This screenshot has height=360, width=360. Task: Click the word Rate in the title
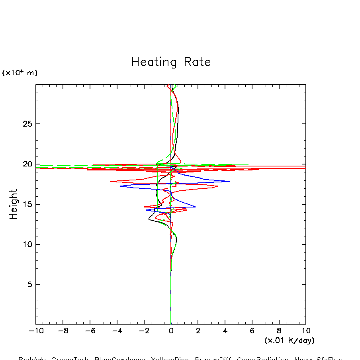[198, 62]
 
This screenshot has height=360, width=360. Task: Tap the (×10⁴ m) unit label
[20, 72]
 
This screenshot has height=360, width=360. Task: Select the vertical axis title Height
[14, 204]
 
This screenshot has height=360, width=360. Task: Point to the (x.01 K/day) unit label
[289, 340]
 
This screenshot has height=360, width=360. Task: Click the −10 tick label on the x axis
[35, 331]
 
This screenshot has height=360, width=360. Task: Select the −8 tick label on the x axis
[63, 331]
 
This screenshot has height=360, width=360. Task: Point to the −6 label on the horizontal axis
[90, 331]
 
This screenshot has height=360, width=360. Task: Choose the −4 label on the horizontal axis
[117, 331]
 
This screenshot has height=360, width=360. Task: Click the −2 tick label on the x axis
[144, 331]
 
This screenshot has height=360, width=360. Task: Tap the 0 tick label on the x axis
[171, 331]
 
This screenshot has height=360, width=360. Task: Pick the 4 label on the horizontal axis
[225, 331]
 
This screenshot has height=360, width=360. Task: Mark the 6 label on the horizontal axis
[252, 331]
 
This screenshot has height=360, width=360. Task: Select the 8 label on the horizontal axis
[279, 331]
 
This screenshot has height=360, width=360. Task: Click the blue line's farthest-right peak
[229, 181]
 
